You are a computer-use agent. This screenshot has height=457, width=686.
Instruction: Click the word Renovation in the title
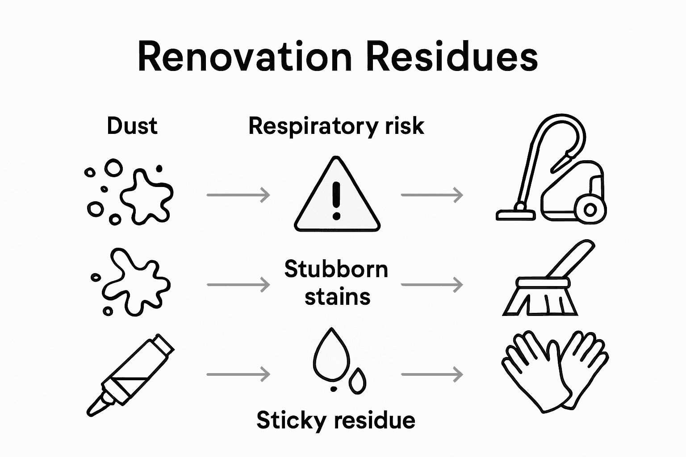pos(245,57)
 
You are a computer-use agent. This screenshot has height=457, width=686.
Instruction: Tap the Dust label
pos(132,126)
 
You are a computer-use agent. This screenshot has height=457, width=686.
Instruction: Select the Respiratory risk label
pos(336,126)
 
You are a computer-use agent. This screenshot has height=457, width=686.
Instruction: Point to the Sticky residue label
pos(336,420)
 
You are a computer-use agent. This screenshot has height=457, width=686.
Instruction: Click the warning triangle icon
pos(337,196)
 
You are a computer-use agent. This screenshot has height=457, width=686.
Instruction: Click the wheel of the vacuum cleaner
pos(590,209)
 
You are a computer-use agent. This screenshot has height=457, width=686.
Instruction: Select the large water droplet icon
pos(331,354)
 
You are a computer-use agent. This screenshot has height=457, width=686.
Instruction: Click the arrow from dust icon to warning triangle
pos(238,195)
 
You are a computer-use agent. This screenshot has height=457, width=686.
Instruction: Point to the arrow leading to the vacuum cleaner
pos(432,195)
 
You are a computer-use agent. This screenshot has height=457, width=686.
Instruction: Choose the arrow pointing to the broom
pos(432,284)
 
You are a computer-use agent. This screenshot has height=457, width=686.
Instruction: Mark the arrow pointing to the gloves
pos(432,374)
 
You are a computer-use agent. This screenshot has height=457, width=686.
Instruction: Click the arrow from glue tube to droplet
pos(238,374)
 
